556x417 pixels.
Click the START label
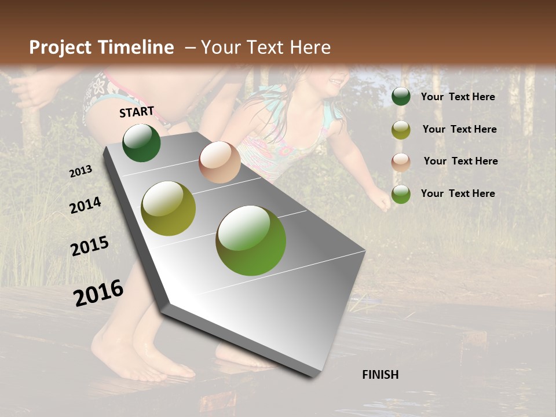pos(137,112)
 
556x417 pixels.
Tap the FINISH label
pos(380,375)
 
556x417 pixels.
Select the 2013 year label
pos(81,171)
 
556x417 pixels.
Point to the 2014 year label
pos(85,206)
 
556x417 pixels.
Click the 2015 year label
pos(90,247)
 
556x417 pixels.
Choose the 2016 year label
pos(98,292)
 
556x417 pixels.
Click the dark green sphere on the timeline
pos(141,142)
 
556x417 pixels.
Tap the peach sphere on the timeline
pos(220,162)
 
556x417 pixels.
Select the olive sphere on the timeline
pos(169,209)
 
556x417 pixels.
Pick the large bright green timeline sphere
pos(251,240)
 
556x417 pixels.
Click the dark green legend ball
pos(401,97)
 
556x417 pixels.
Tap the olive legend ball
pos(401,130)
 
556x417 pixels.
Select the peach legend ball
pos(401,162)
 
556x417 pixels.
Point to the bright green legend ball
pos(401,194)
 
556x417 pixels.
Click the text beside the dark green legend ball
pos(458,97)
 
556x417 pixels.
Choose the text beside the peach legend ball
pos(460,161)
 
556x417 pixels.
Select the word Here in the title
pos(310,47)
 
